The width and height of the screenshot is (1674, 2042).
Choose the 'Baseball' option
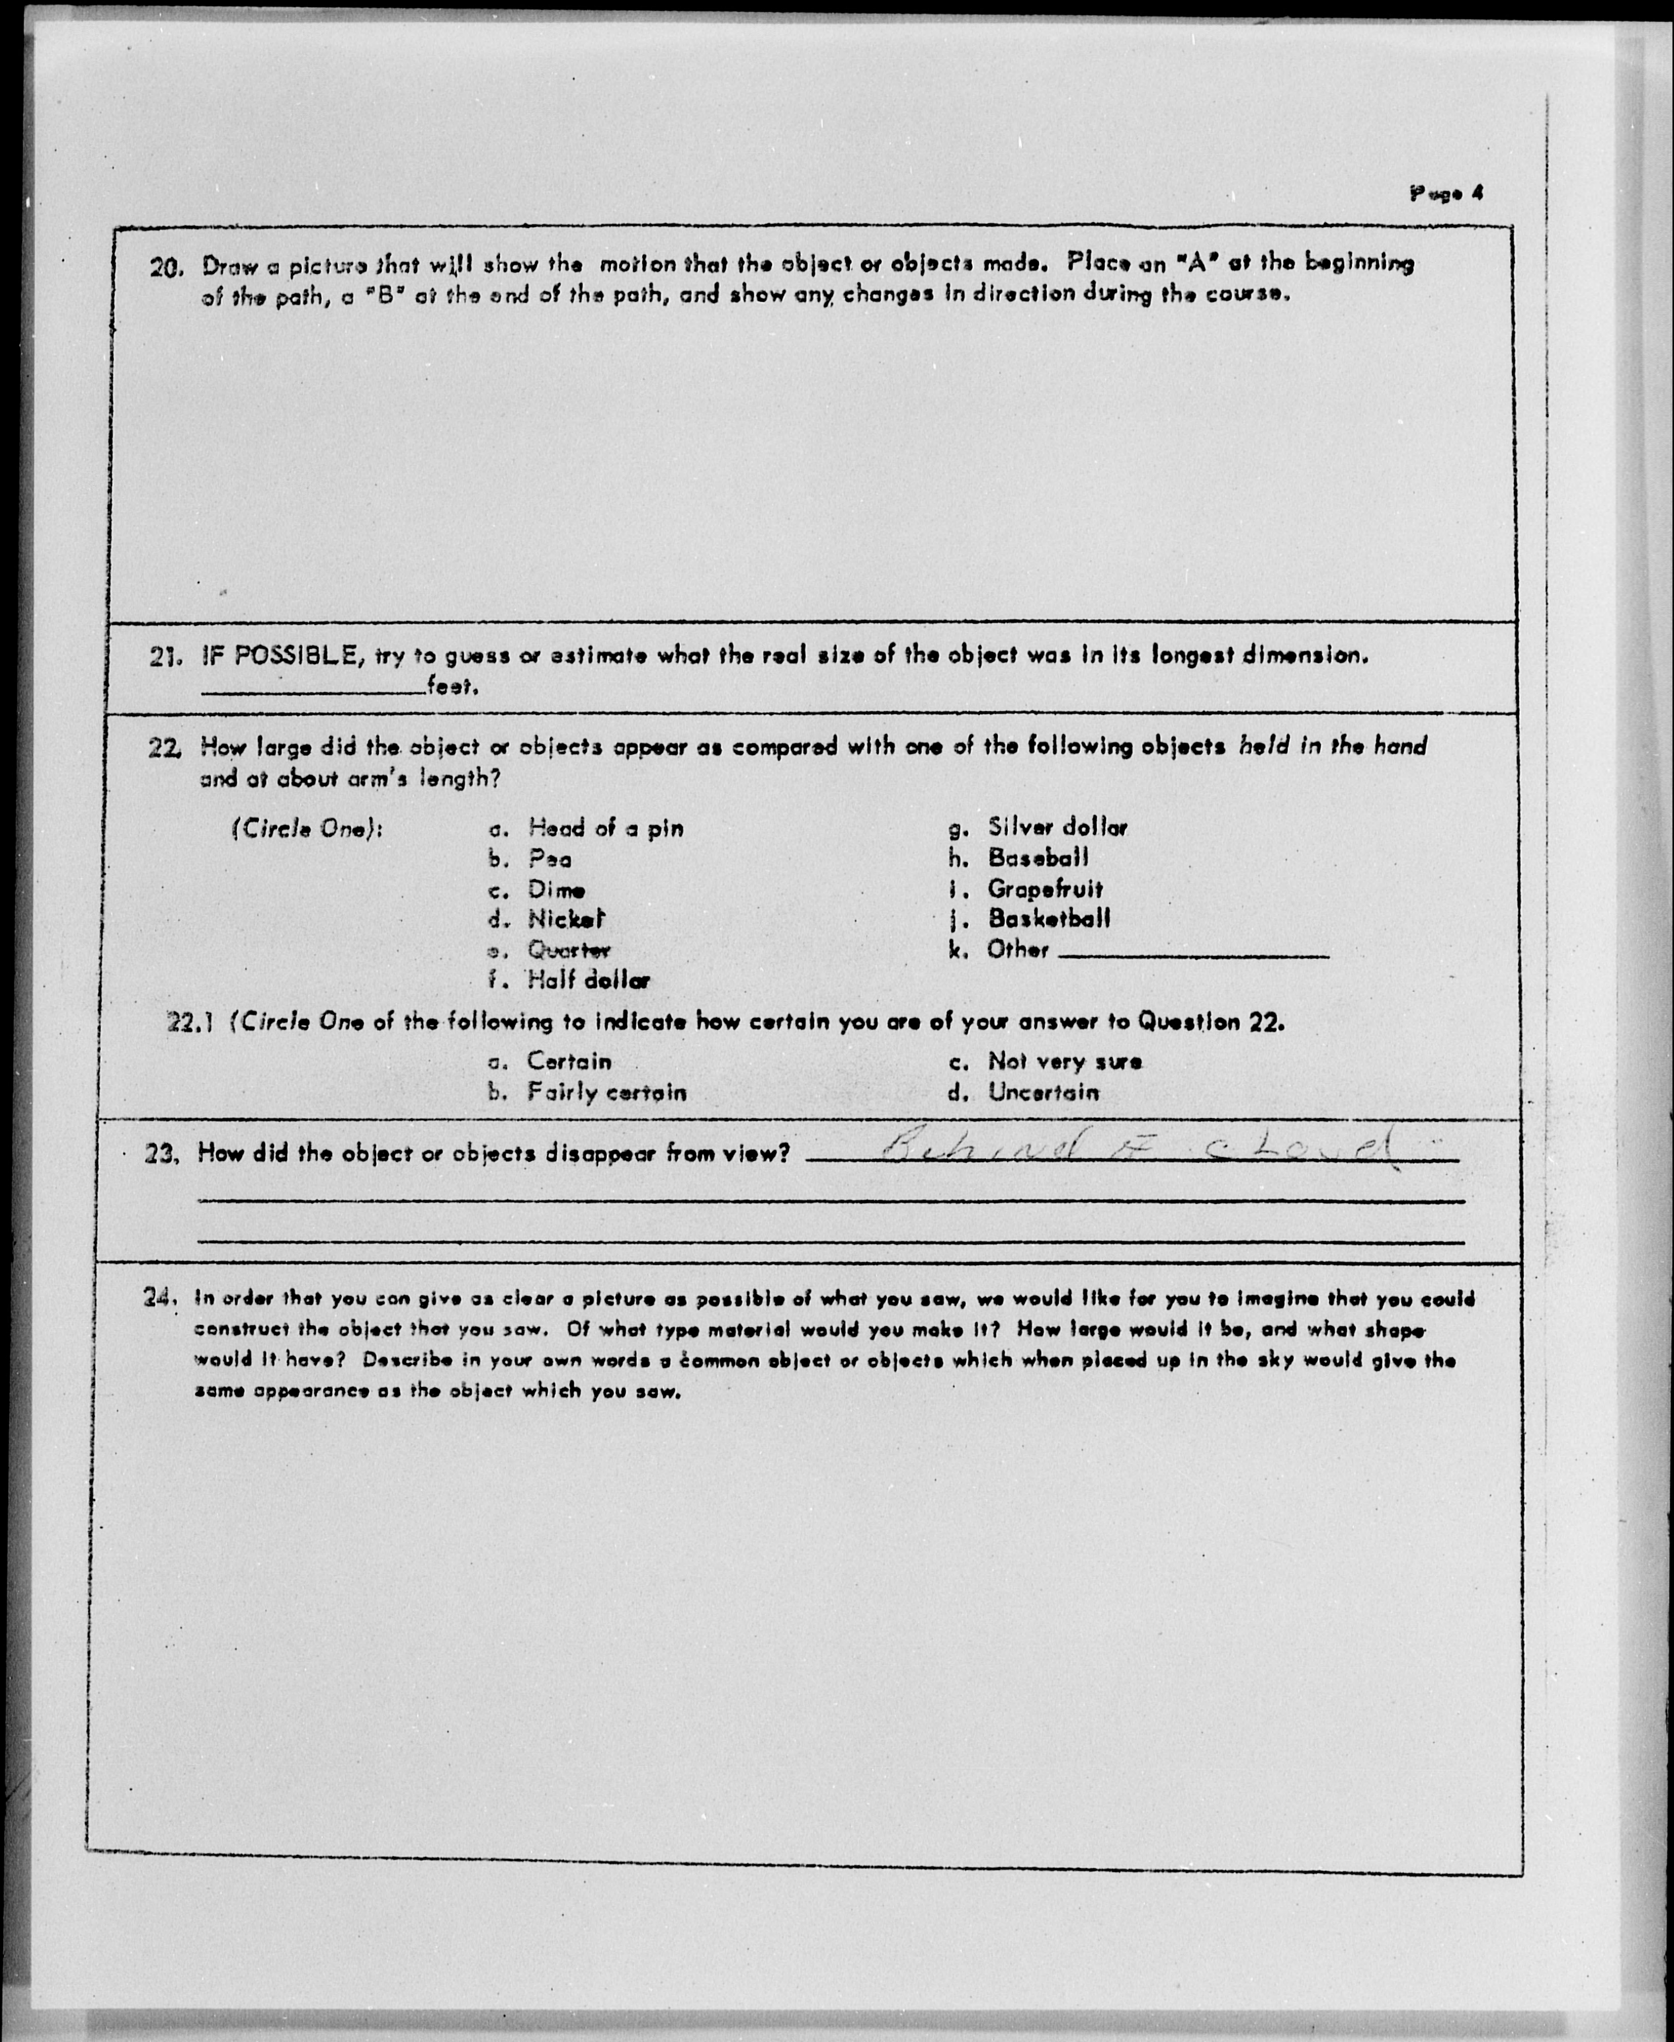pos(1038,857)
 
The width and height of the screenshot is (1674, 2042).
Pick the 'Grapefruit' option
pos(1044,889)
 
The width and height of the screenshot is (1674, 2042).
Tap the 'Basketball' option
pos(1048,918)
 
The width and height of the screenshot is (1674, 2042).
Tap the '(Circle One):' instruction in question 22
pos(307,829)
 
